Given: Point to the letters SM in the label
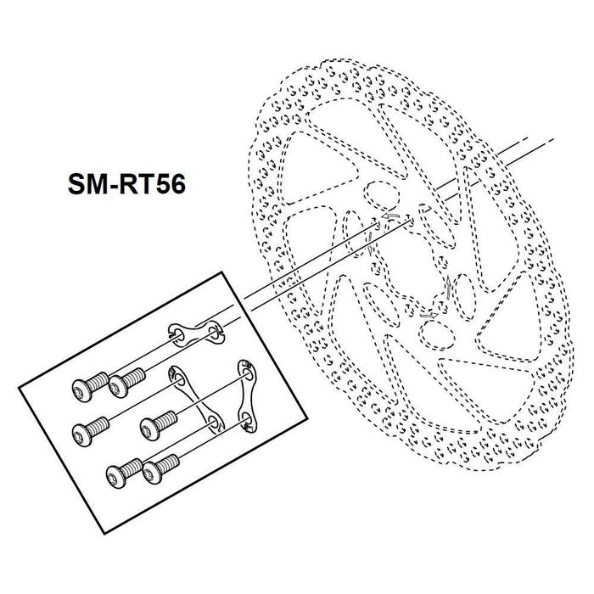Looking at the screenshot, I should point(82,184).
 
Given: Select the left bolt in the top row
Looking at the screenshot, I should point(84,389).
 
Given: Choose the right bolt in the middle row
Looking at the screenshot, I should point(158,419).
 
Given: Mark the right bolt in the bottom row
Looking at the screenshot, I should point(160,465).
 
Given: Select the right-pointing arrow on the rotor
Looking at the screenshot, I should point(429,315).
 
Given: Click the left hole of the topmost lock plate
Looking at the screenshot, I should point(177,333).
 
